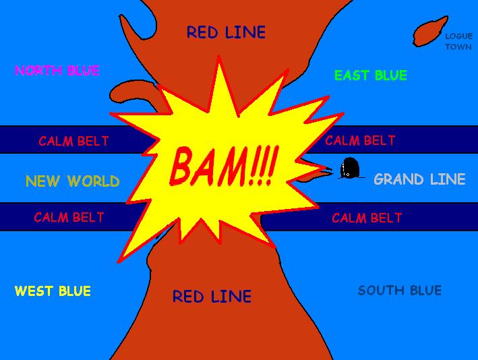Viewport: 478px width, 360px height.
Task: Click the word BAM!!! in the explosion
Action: pyautogui.click(x=222, y=165)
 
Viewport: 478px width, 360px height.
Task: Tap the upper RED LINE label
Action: pyautogui.click(x=226, y=32)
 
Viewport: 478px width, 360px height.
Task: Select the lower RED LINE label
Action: pyautogui.click(x=212, y=297)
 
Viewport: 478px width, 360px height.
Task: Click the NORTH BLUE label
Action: pyautogui.click(x=57, y=70)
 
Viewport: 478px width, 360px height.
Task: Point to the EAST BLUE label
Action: pyautogui.click(x=371, y=76)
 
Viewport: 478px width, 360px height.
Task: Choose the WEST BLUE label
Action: pyautogui.click(x=53, y=291)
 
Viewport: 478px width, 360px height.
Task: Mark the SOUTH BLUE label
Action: pyautogui.click(x=400, y=291)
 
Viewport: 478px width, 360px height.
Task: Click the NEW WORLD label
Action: pyautogui.click(x=73, y=181)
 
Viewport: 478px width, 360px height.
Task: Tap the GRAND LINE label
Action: pyautogui.click(x=419, y=179)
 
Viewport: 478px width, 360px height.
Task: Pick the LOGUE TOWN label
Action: pyautogui.click(x=458, y=41)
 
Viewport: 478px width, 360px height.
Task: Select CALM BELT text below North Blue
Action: pyautogui.click(x=73, y=142)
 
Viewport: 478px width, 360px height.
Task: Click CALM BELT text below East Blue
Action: pyautogui.click(x=360, y=141)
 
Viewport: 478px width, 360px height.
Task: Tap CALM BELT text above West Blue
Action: pyautogui.click(x=69, y=218)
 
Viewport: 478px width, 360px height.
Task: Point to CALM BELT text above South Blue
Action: pyautogui.click(x=367, y=218)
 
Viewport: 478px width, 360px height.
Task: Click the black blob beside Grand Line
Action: pyautogui.click(x=350, y=168)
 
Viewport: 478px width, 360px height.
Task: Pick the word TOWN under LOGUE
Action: pyautogui.click(x=458, y=47)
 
